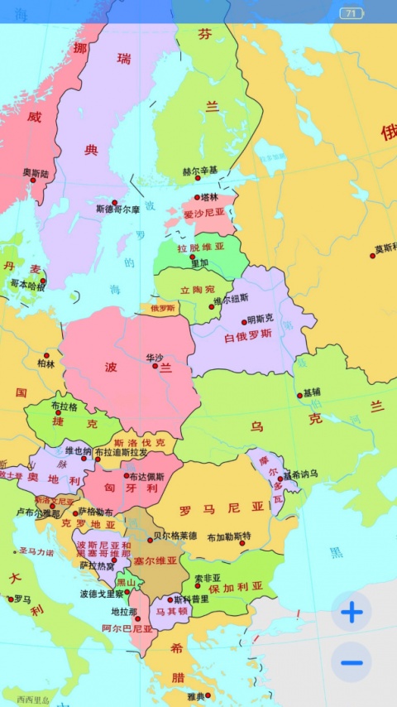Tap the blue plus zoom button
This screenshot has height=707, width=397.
point(352,613)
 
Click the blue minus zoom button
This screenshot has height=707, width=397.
point(352,662)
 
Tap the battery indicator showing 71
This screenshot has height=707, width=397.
point(352,13)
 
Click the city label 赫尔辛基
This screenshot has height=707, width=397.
point(200,171)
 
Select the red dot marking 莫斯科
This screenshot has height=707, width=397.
point(372,256)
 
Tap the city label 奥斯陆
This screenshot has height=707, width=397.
point(36,173)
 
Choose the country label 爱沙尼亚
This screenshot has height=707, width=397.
point(203,214)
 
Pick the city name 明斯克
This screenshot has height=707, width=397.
point(260,319)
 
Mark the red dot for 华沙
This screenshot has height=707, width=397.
point(155,366)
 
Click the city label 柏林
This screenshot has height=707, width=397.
point(45,363)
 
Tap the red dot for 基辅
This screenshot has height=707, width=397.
point(299,396)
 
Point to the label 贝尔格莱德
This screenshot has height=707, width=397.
point(175,536)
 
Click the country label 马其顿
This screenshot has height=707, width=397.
point(172,612)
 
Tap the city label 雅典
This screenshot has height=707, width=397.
point(196,696)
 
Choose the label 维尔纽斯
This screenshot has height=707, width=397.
point(231,299)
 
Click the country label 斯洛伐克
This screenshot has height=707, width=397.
point(140,442)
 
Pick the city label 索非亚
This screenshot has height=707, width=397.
point(208,578)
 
